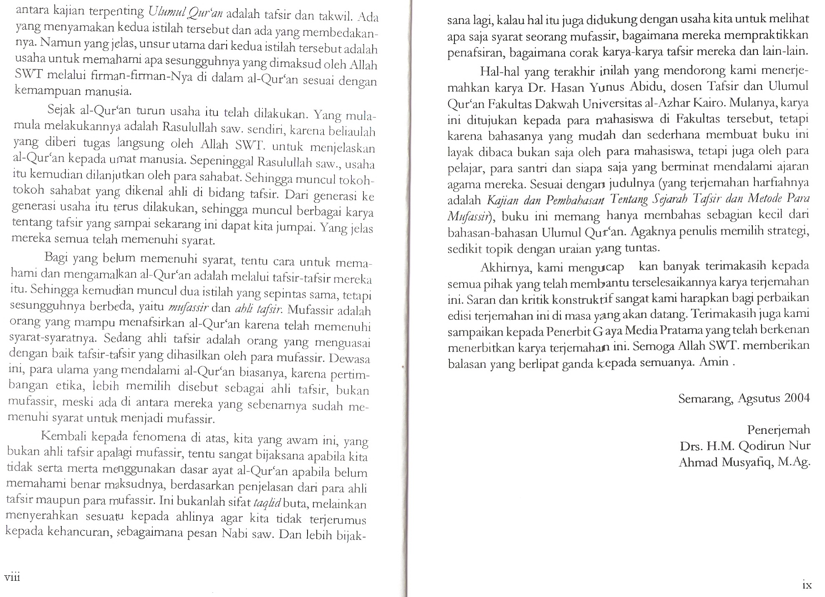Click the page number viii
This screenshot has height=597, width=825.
(x=12, y=577)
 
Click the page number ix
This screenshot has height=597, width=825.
(x=807, y=585)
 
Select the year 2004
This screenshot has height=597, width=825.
(x=797, y=397)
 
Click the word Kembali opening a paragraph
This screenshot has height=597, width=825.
(x=64, y=436)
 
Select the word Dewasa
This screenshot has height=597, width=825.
(x=349, y=359)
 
